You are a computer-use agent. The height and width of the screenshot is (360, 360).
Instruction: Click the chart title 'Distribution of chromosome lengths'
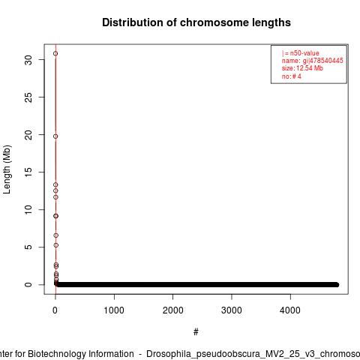coord(196,22)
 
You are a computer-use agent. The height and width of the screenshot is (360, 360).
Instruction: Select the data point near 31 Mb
coord(55,53)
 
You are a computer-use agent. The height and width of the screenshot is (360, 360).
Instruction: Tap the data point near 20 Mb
coord(55,136)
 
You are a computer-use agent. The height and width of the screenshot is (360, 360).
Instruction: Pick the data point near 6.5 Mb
coord(55,235)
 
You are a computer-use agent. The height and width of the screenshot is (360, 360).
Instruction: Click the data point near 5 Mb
coord(56,245)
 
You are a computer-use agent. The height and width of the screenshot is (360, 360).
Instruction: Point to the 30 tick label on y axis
coord(28,60)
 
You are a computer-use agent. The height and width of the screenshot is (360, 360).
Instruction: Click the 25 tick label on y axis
coord(28,97)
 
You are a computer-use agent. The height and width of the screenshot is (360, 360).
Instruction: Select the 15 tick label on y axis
coord(28,172)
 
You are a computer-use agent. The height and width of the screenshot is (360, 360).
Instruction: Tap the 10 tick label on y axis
coord(28,209)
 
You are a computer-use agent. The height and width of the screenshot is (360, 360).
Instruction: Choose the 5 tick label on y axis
coord(28,247)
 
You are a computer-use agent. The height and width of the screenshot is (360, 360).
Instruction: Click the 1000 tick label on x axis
coord(114,310)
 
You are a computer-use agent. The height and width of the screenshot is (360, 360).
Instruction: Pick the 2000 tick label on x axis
coord(172,310)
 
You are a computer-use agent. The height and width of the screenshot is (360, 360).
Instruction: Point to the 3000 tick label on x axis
coord(232,310)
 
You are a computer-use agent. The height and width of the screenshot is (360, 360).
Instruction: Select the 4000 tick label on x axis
coord(290,310)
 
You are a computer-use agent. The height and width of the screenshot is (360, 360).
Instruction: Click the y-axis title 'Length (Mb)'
coord(7,169)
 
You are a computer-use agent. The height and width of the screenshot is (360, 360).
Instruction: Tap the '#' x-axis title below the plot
coord(196,332)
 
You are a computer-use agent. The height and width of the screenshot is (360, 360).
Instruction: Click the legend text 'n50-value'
coord(304,53)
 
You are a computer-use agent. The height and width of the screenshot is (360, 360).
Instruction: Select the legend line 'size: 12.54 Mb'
coord(302,68)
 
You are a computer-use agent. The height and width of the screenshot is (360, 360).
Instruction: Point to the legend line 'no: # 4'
coord(292,76)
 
